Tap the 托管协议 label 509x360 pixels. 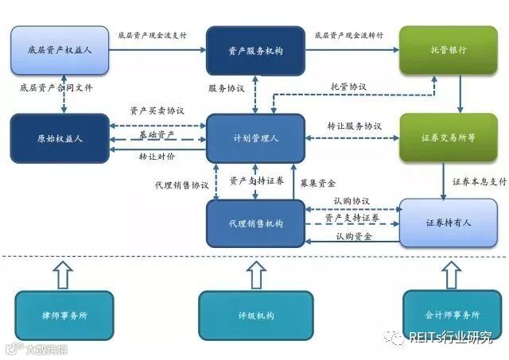(x=348, y=86)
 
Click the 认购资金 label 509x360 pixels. (x=355, y=235)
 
